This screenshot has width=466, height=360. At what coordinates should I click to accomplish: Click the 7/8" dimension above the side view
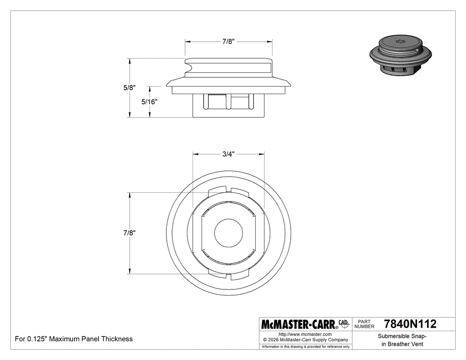click(x=228, y=41)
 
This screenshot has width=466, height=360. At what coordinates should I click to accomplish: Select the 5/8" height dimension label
click(x=130, y=88)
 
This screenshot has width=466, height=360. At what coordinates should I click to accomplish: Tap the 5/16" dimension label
click(x=150, y=102)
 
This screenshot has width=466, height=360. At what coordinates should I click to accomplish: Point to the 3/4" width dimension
click(x=228, y=154)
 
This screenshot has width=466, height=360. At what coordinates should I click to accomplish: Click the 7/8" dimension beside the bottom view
click(x=130, y=233)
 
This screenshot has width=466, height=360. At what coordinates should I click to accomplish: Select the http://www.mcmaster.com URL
click(x=305, y=334)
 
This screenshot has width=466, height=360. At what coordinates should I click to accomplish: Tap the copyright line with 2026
click(x=306, y=340)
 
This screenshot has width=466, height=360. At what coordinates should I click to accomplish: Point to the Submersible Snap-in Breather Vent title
click(x=402, y=340)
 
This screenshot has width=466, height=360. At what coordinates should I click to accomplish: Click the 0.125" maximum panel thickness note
click(x=74, y=339)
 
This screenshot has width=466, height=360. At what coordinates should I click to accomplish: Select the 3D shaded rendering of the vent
click(x=401, y=56)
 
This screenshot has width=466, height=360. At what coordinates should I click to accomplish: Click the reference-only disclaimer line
click(x=306, y=346)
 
